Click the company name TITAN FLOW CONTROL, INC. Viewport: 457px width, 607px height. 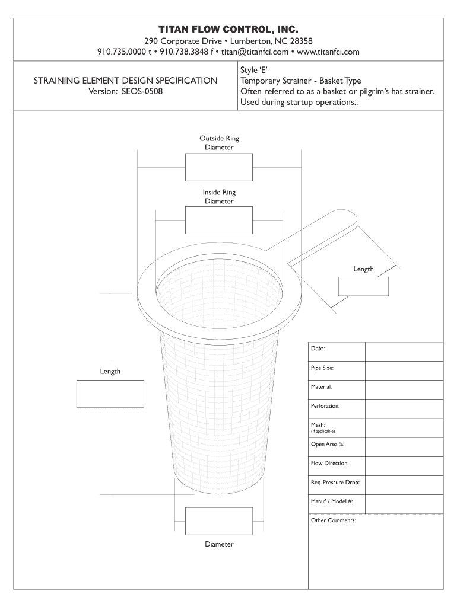click(228, 29)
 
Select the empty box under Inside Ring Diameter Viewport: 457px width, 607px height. click(219, 221)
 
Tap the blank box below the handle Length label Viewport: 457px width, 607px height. click(363, 286)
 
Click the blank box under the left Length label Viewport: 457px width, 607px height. click(110, 394)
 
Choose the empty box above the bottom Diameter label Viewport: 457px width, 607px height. click(219, 521)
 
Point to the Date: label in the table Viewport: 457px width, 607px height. click(318, 349)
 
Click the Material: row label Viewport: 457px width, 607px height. click(321, 386)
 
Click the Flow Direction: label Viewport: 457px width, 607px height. click(329, 463)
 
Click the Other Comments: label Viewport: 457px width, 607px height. click(333, 520)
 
